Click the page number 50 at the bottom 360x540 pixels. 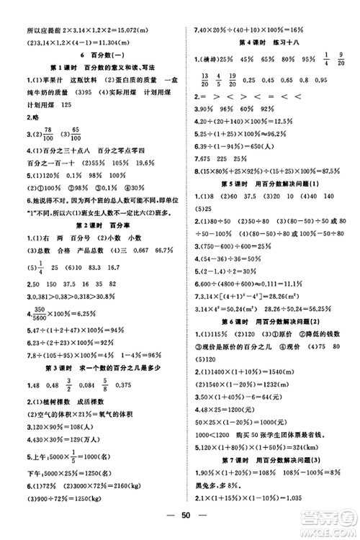click(x=179, y=517)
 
